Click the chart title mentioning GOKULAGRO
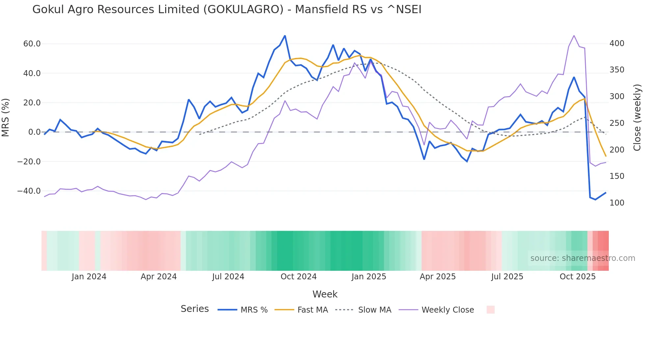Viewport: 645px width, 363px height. pyautogui.click(x=227, y=9)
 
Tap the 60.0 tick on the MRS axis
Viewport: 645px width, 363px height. pyautogui.click(x=32, y=44)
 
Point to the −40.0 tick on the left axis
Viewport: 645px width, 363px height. pyautogui.click(x=29, y=191)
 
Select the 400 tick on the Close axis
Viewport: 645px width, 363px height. pyautogui.click(x=617, y=43)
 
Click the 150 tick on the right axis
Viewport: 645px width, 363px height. pyautogui.click(x=617, y=176)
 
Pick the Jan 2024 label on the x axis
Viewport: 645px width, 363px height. pyautogui.click(x=89, y=277)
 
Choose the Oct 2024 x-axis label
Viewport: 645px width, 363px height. pyautogui.click(x=298, y=277)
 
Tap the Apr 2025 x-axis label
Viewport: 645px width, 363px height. pyautogui.click(x=438, y=277)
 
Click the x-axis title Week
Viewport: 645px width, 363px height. pyautogui.click(x=325, y=294)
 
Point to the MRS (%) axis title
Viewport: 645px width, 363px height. pyautogui.click(x=6, y=117)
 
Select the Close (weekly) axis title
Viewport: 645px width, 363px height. pyautogui.click(x=637, y=117)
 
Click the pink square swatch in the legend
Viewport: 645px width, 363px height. pyautogui.click(x=490, y=310)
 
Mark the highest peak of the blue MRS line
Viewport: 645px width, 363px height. pyautogui.click(x=285, y=36)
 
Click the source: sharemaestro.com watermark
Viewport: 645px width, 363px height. pyautogui.click(x=582, y=258)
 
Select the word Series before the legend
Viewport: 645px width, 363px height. pyautogui.click(x=194, y=309)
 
